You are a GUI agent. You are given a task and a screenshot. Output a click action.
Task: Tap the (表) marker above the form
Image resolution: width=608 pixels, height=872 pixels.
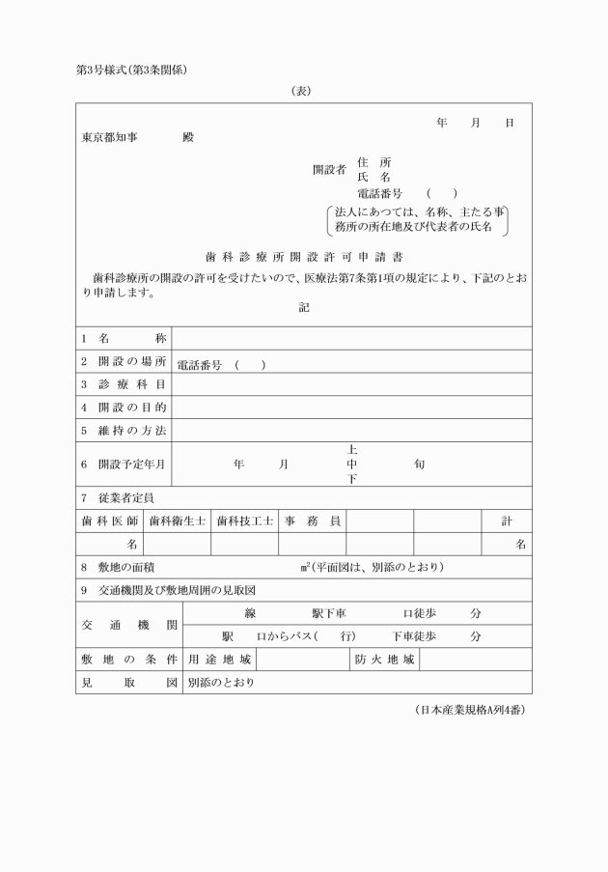click(x=304, y=92)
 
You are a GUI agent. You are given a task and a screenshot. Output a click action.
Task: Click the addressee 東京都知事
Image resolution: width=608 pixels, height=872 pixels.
click(x=109, y=137)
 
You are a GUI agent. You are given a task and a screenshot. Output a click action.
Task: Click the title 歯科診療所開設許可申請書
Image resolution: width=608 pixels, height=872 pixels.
click(x=304, y=258)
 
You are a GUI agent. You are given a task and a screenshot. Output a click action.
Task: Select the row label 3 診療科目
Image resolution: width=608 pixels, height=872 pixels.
click(x=124, y=384)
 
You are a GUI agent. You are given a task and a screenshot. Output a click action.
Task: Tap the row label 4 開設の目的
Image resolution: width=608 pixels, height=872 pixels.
click(x=124, y=408)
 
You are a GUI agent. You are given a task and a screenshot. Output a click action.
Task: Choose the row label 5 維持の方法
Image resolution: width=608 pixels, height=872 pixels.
click(x=124, y=430)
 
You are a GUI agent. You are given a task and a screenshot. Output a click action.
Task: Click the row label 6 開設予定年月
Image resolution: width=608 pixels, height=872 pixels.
click(x=124, y=464)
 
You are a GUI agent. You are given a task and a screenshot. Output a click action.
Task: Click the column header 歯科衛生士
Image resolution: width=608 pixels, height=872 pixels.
click(x=178, y=520)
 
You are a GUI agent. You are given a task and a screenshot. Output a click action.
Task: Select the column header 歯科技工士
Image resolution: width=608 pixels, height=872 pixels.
click(x=245, y=520)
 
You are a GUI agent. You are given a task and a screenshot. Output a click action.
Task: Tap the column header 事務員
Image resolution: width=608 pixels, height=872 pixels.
click(x=312, y=520)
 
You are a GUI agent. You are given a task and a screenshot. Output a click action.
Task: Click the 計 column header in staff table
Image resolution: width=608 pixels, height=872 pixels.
click(x=507, y=520)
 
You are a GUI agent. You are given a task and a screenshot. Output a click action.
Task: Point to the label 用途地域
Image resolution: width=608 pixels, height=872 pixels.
click(x=220, y=661)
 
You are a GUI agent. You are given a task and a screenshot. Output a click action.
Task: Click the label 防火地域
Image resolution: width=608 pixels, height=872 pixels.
click(x=384, y=661)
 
